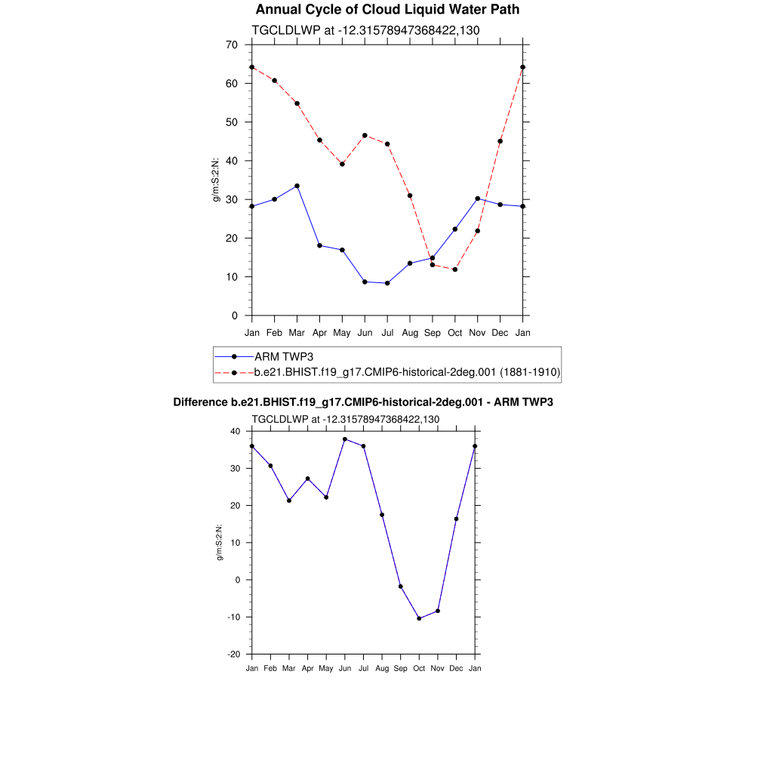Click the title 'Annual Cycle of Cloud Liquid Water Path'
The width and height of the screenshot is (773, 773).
tap(387, 10)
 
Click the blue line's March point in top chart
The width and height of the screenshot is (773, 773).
tap(297, 186)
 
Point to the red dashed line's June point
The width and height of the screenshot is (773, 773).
tap(365, 136)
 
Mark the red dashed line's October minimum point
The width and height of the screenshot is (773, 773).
tap(455, 269)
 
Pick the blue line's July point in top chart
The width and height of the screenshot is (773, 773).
tap(387, 283)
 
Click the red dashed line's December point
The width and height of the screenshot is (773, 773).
tap(500, 141)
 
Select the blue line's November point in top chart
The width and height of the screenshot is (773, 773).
tap(478, 199)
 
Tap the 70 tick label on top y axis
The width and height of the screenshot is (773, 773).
tap(232, 45)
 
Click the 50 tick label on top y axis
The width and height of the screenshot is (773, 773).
tap(232, 122)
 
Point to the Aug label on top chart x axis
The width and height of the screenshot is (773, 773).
tap(410, 332)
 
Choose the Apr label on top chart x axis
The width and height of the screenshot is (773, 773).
tap(319, 332)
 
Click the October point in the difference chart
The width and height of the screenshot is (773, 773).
tap(419, 618)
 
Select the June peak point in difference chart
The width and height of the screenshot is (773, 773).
tap(345, 439)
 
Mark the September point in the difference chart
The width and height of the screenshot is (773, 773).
tap(400, 587)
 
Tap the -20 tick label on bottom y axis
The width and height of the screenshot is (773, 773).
tap(233, 654)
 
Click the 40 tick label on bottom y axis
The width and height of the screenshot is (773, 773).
tap(235, 432)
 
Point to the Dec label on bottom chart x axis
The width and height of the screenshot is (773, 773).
tap(456, 668)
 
